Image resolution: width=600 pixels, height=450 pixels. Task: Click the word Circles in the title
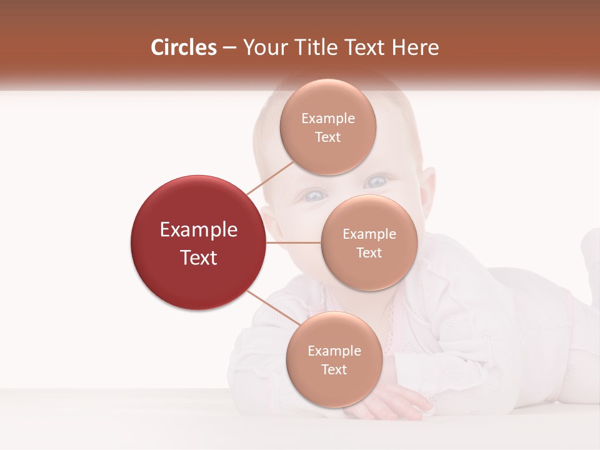pos(184,47)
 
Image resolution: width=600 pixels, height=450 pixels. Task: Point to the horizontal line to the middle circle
pos(294,242)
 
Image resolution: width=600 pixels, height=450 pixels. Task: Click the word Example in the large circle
pos(199,230)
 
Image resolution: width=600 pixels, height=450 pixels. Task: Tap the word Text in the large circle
pos(199,257)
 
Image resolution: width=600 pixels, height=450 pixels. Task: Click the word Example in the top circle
pos(328,119)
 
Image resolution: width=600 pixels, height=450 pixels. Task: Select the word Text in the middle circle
pos(369,252)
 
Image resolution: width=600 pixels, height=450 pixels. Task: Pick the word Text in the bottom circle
pos(334,369)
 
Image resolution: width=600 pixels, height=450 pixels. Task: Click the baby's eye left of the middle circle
pos(312,196)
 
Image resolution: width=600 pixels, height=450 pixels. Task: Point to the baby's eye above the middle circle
pos(376,182)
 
